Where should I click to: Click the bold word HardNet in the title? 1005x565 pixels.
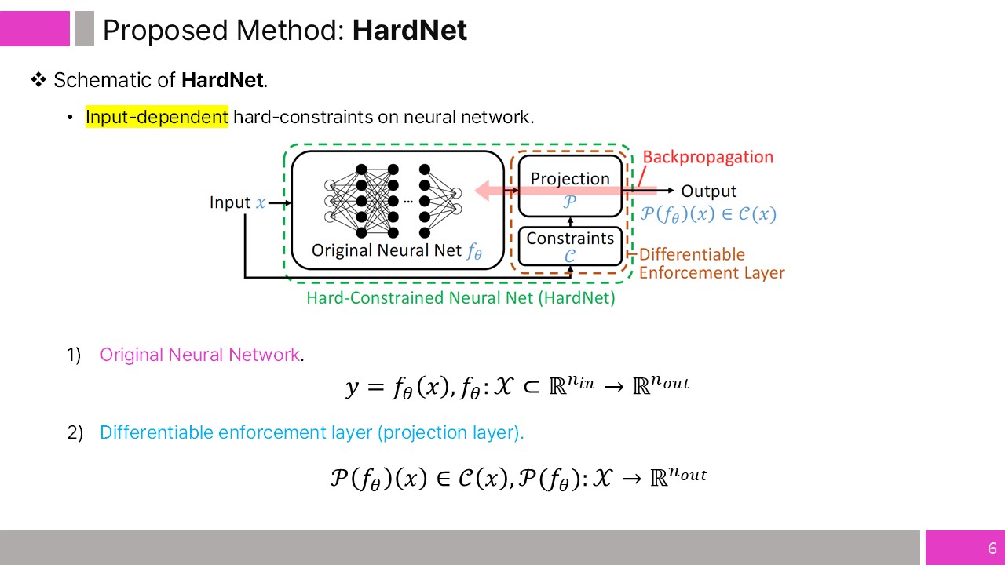[x=409, y=31]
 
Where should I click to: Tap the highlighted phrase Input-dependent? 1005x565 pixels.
[x=157, y=117]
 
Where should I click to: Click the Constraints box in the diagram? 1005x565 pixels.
[x=570, y=245]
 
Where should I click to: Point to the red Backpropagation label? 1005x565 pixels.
[x=707, y=157]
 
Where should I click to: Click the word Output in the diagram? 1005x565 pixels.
[x=708, y=191]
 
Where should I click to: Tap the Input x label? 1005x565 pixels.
[x=237, y=202]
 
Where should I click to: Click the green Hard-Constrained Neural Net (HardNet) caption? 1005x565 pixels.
[x=460, y=298]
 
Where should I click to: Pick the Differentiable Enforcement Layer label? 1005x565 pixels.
[x=711, y=264]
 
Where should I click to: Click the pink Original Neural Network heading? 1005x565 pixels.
[x=199, y=355]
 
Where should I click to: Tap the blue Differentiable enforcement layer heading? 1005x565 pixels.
[x=312, y=432]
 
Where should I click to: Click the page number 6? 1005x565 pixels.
[x=992, y=549]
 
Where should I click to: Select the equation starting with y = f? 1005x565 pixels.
[x=517, y=385]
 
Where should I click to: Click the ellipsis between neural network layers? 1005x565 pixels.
[x=409, y=201]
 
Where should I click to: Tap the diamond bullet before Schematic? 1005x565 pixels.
[x=38, y=80]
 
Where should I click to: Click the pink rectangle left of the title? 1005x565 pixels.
[x=35, y=29]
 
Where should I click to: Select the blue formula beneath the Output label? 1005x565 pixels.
[x=708, y=213]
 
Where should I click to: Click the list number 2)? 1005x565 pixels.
[x=75, y=432]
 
